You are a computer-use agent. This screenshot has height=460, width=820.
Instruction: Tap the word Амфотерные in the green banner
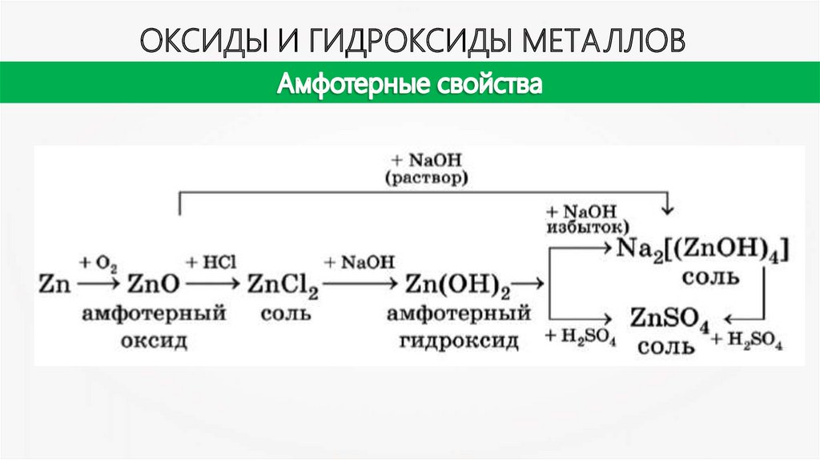350,83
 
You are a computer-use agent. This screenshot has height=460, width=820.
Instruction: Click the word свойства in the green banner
488,83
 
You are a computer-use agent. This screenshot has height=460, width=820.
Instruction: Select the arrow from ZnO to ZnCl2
211,283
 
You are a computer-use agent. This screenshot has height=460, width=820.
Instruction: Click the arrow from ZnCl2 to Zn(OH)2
360,283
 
